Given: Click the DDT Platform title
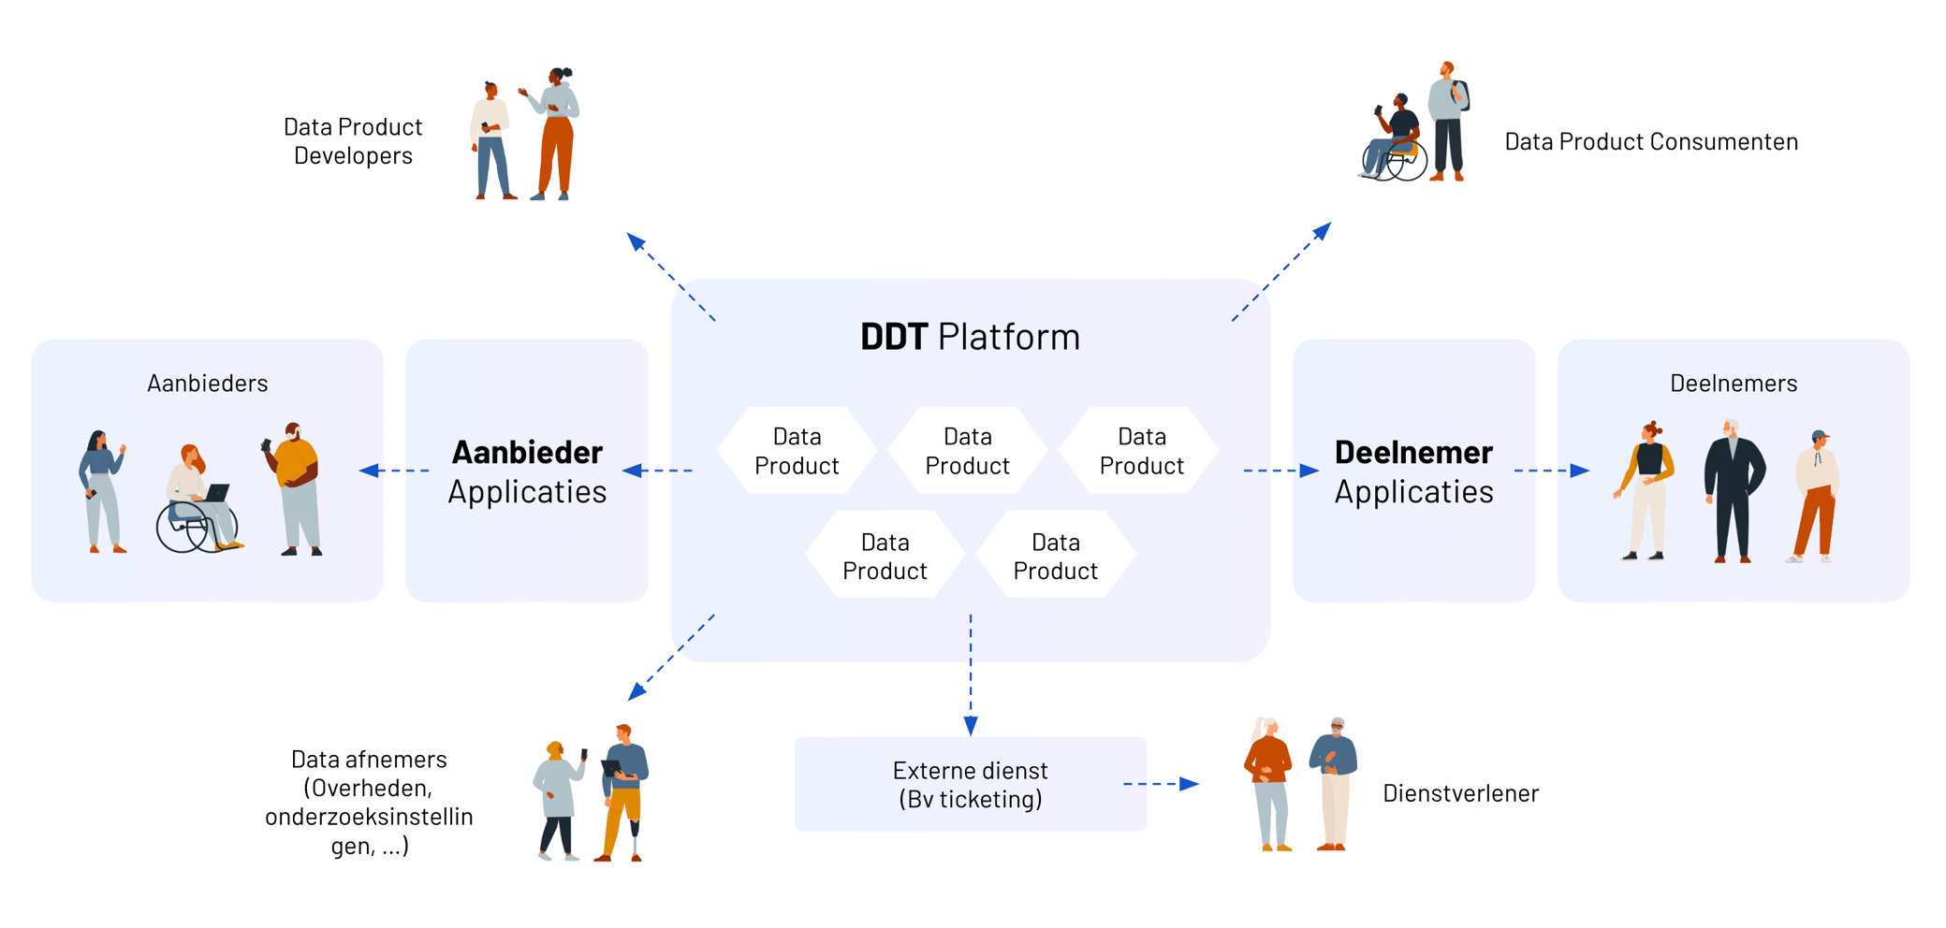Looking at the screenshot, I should [x=970, y=337].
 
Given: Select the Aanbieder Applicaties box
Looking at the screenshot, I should [x=527, y=471].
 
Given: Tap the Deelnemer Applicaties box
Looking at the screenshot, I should [x=1413, y=471].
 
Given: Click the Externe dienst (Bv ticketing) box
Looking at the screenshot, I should [x=970, y=784].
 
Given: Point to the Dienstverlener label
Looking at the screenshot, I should [x=1460, y=793].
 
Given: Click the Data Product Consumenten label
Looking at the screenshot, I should [x=1651, y=141].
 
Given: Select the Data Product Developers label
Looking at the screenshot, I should [x=353, y=141].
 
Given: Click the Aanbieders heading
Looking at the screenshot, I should [x=207, y=383].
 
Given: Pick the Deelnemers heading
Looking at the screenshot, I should [x=1734, y=383].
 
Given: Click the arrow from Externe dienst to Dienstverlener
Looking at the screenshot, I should [x=1161, y=784].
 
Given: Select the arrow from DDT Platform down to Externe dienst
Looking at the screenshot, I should [x=971, y=674].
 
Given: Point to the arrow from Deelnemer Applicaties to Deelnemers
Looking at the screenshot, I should [x=1551, y=471].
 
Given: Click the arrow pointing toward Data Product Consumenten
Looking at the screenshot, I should [x=1280, y=272].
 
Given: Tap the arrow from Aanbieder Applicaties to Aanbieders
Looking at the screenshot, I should [x=394, y=471].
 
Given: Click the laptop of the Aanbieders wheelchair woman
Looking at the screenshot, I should [x=217, y=492].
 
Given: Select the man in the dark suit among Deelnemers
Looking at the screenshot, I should [x=1733, y=491].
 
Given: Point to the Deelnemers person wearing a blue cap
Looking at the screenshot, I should [x=1816, y=496].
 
